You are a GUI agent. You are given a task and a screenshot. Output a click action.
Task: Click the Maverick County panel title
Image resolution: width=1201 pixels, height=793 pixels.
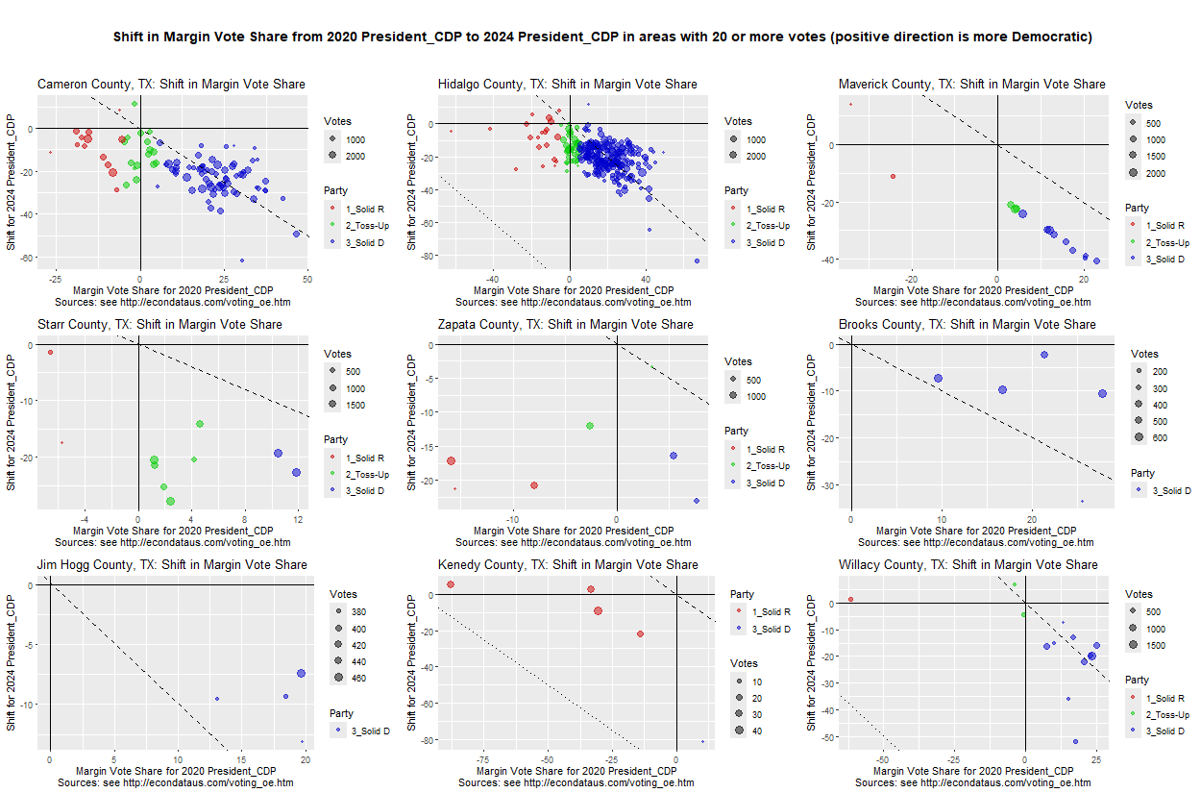pos(971,85)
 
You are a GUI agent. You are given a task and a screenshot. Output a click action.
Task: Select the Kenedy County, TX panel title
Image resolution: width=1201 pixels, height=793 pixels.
pos(567,564)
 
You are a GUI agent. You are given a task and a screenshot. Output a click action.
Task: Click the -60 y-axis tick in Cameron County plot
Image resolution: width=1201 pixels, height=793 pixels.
pos(26,258)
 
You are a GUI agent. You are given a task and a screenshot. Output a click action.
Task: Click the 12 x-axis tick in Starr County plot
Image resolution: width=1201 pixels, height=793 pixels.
pos(299,519)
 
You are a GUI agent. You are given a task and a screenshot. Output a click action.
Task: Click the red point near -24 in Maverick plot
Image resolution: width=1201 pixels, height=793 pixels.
pos(893,177)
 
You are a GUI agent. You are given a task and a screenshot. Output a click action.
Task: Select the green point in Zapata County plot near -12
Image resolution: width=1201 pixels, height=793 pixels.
pos(589,426)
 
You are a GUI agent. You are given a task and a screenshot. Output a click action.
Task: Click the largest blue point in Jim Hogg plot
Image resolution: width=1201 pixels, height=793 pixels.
pos(301,674)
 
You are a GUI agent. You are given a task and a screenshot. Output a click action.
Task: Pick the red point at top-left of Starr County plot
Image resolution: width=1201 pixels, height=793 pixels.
pos(50,353)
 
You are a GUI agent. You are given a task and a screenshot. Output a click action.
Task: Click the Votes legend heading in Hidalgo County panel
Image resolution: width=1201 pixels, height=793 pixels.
pos(738,122)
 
